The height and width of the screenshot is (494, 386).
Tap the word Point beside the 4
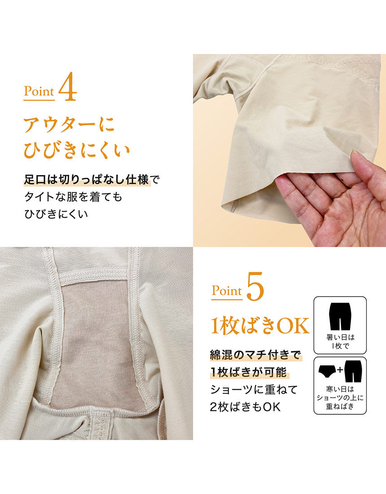39,92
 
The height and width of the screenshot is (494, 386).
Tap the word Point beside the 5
227,291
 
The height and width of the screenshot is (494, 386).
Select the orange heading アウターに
69,124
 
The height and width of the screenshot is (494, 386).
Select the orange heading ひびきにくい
77,150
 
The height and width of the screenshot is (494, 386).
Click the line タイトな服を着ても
73,197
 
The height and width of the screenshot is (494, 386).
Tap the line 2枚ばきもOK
245,406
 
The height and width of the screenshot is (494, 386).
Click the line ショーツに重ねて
254,389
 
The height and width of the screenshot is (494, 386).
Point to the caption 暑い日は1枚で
340,341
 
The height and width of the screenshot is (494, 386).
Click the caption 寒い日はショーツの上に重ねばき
340,398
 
